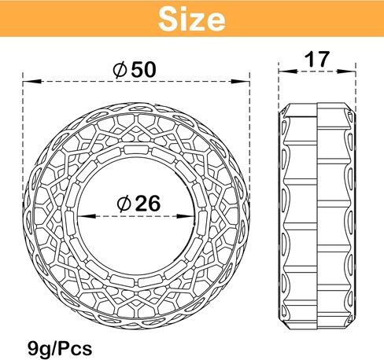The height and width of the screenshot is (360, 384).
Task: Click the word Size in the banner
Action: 192,19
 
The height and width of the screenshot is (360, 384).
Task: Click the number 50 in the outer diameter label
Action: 143,70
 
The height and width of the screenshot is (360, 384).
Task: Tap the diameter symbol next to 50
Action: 120,70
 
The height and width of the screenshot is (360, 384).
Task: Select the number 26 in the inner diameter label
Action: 147,204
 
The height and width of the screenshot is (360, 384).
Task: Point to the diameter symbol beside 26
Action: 124,204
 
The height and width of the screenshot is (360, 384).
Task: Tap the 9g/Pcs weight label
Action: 60,349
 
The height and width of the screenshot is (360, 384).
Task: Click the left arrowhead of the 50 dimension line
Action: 32,82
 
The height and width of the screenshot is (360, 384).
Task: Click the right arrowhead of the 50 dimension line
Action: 241,82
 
